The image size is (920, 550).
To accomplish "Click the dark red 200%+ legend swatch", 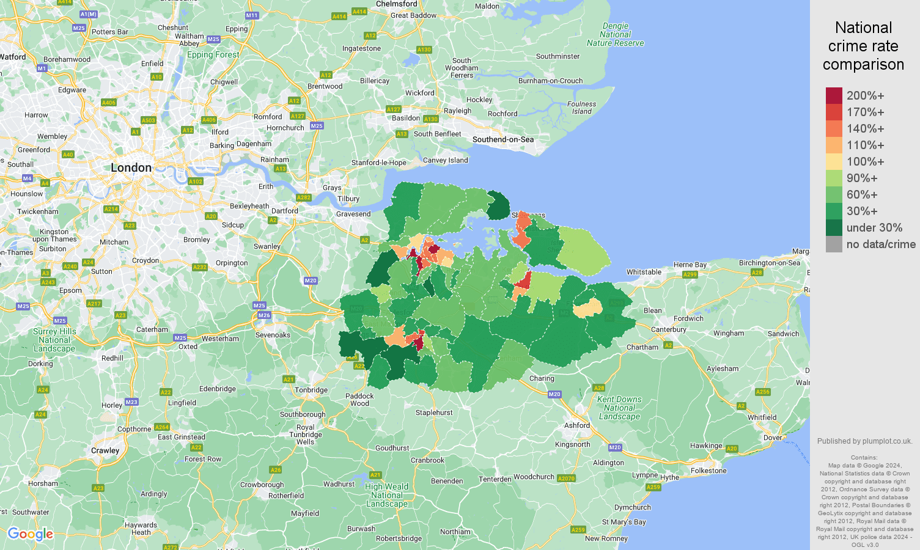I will point(834,95).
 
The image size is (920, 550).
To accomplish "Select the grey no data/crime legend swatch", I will point(834,244).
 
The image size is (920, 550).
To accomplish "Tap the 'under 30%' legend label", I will point(874,227).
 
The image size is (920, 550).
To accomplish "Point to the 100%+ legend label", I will point(865,161).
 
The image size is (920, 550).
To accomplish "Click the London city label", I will point(131,167).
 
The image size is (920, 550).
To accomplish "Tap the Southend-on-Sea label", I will point(502,139).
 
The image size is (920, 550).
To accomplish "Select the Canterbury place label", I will point(668,329).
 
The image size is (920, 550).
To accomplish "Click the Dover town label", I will point(773,438).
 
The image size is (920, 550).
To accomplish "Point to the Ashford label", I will point(576,425).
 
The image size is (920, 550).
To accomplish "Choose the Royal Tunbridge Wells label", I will point(305,435).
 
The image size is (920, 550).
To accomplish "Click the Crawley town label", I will point(105,450).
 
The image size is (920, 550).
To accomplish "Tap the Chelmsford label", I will point(396,4).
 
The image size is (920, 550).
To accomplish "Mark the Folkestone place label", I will point(708,471).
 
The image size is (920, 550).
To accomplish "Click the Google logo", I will point(31,534).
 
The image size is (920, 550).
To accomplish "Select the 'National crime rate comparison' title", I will point(863,46).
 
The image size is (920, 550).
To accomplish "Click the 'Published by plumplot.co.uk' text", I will point(864,441).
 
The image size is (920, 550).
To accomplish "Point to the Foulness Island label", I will point(581,108).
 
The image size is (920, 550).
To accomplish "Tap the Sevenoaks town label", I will point(273,335).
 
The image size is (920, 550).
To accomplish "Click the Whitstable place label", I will point(644,272).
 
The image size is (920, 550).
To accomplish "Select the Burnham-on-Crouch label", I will point(550,81).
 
